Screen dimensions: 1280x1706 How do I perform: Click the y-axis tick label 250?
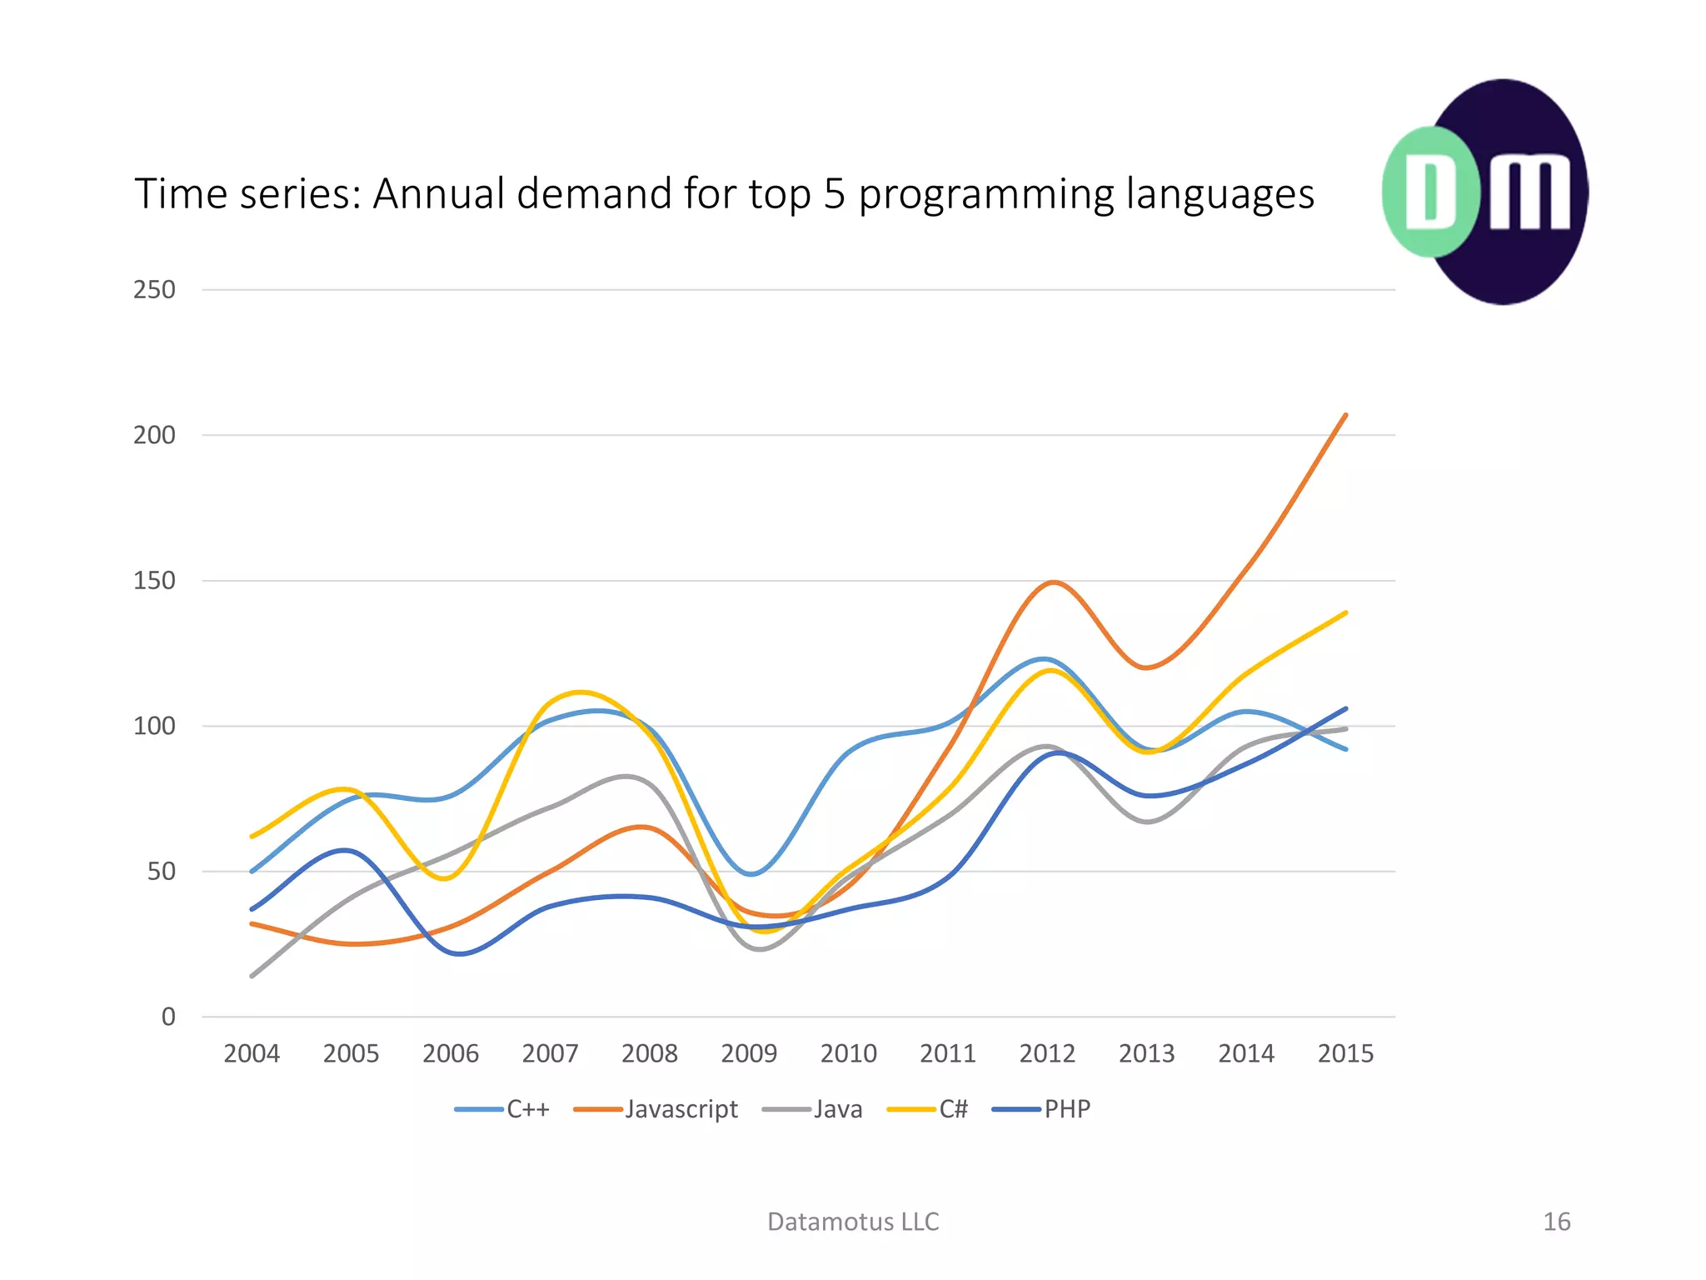(x=154, y=290)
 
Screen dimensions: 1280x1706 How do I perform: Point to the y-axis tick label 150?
(x=154, y=581)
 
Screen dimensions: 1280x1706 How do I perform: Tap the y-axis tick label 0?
(x=168, y=1017)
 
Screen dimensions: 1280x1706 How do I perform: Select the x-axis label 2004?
(x=252, y=1054)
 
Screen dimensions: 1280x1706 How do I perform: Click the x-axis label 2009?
(x=749, y=1054)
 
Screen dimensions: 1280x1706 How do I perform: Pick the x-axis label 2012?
(x=1047, y=1054)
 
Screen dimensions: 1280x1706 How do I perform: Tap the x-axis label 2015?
(x=1345, y=1054)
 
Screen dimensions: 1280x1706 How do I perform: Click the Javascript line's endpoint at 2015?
(x=1345, y=415)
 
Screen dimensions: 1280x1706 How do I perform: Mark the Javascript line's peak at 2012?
(x=1053, y=582)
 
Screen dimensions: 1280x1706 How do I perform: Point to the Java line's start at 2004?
(x=252, y=976)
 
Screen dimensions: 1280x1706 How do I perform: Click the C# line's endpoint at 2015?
(x=1345, y=613)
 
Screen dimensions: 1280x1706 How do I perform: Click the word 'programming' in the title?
(x=985, y=194)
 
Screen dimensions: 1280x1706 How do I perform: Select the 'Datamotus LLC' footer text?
(x=853, y=1222)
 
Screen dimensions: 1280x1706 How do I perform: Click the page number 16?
(x=1556, y=1222)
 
